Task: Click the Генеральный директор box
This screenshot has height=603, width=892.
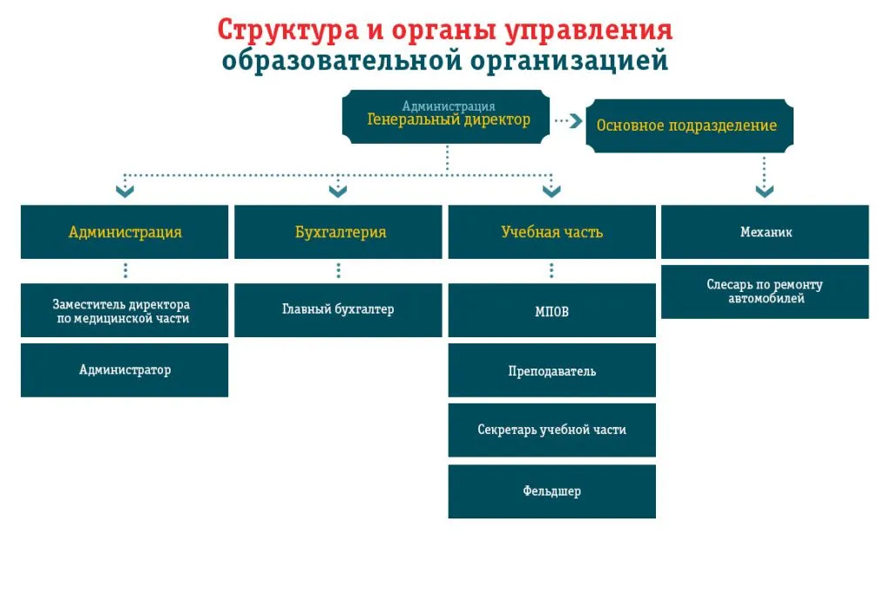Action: coord(446,117)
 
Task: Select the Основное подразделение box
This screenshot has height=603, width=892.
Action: coord(690,125)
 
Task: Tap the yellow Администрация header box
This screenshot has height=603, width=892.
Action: coord(125,232)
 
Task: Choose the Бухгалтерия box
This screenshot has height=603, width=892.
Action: coord(338,232)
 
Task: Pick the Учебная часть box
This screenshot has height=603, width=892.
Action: coord(551,232)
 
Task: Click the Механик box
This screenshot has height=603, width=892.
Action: coord(765,232)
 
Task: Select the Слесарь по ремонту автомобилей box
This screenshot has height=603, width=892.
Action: coord(765,292)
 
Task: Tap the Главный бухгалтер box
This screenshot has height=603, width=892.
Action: coord(338,310)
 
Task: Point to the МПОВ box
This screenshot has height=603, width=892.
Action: coord(551,310)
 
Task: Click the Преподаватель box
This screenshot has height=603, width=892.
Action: coord(551,370)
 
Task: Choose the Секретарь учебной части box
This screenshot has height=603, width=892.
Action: coord(551,430)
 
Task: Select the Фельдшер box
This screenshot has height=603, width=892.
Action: coord(551,491)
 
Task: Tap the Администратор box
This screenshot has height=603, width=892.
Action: coord(125,370)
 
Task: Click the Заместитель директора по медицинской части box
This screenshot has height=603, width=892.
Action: coord(125,310)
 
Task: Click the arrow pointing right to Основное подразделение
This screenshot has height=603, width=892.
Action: coord(568,120)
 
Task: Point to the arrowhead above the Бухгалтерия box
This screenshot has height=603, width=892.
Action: coord(338,191)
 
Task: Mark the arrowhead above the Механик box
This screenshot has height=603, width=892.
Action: coord(765,191)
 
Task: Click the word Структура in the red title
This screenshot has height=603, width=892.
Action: coord(287,30)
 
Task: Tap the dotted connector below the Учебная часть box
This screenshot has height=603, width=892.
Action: coord(551,271)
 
